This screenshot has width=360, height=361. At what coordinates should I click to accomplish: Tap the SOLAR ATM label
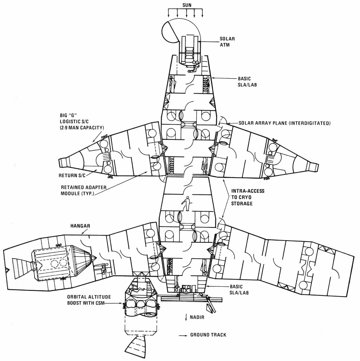click(x=227, y=42)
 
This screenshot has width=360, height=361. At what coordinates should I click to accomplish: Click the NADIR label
click(x=197, y=317)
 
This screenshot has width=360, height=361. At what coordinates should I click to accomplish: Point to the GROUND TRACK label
click(x=208, y=335)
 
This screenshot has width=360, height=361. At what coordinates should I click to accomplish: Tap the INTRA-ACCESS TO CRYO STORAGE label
click(x=247, y=197)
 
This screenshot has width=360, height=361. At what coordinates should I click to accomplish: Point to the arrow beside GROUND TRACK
click(x=183, y=335)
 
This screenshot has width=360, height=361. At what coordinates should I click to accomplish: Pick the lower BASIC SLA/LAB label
click(x=241, y=290)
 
